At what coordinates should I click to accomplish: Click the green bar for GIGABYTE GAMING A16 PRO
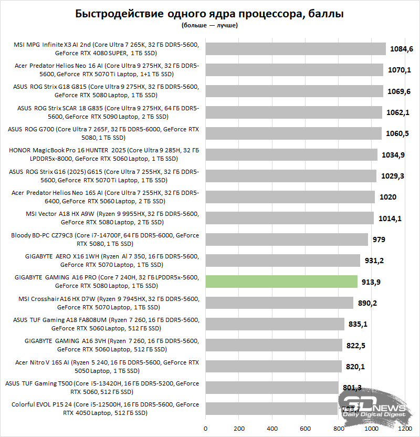[281, 282]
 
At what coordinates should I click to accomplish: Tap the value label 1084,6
[402, 49]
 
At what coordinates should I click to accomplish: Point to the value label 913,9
[371, 282]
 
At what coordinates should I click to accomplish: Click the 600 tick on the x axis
[305, 428]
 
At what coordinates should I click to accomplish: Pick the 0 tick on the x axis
[205, 428]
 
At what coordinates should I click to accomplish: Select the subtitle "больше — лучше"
[210, 25]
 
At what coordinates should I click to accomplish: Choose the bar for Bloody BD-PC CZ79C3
[287, 240]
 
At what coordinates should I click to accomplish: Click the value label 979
[379, 240]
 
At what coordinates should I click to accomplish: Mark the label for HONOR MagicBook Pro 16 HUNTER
[104, 154]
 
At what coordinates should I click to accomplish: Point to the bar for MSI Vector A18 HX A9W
[289, 218]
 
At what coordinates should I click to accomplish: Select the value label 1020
[388, 197]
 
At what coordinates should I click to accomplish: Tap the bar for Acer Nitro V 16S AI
[273, 366]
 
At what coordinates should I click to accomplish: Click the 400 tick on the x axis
[272, 428]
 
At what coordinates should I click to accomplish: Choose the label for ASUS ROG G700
[104, 133]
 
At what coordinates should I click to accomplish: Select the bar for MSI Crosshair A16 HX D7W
[279, 303]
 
